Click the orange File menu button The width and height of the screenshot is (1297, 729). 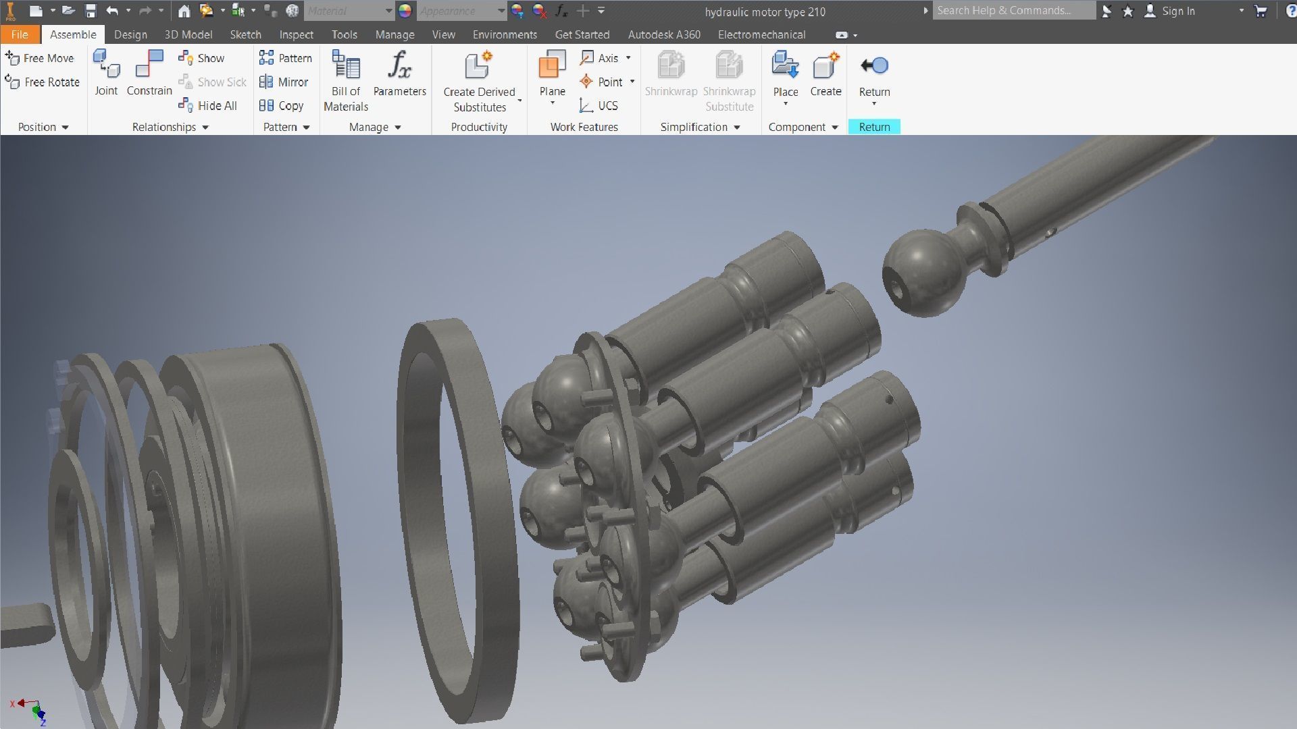coord(20,34)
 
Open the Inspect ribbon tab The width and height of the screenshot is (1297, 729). coord(296,34)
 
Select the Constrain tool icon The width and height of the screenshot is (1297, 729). coord(149,65)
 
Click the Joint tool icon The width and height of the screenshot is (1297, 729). coord(106,65)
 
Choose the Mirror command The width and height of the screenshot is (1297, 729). coord(284,82)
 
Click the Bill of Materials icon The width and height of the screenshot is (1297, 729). coord(346,66)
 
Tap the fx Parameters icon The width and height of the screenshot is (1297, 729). coord(399,66)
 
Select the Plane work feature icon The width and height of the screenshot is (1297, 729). coord(552,66)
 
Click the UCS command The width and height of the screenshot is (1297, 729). coord(599,105)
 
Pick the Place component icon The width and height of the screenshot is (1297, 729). coord(785,66)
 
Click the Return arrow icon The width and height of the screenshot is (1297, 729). coord(874,66)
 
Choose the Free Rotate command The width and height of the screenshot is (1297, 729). coord(43,82)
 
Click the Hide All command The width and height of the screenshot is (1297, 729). coord(208,105)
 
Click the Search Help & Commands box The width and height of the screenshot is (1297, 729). coord(1013,11)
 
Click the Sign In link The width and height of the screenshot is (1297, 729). coord(1178,11)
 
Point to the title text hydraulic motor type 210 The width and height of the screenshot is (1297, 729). coord(765,11)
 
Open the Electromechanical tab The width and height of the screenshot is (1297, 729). coord(761,34)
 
